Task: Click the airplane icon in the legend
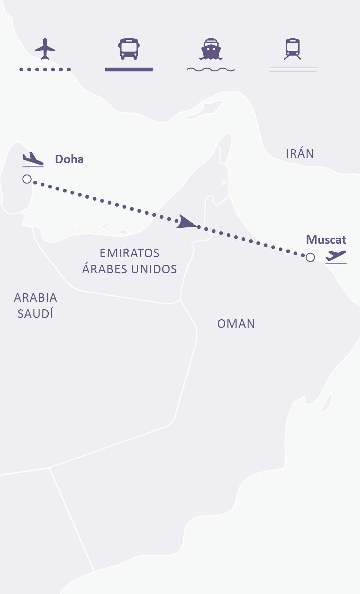pos(45,49)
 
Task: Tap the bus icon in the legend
pos(129,49)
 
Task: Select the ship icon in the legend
pos(211,49)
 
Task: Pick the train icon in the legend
pos(292,49)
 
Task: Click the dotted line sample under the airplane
pos(45,70)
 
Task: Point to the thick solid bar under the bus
pos(129,70)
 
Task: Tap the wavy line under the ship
pos(211,70)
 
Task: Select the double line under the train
pos(292,70)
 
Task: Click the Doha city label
pos(69,159)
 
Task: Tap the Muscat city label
pos(326,240)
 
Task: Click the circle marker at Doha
pos(27,179)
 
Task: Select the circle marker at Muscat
pos(310,257)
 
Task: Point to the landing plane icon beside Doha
pos(33,159)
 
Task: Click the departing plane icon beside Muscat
pos(336,257)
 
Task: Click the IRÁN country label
pos(300,154)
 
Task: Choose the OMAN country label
pos(236,324)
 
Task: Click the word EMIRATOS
pos(129,253)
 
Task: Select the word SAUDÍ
pos(35,314)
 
